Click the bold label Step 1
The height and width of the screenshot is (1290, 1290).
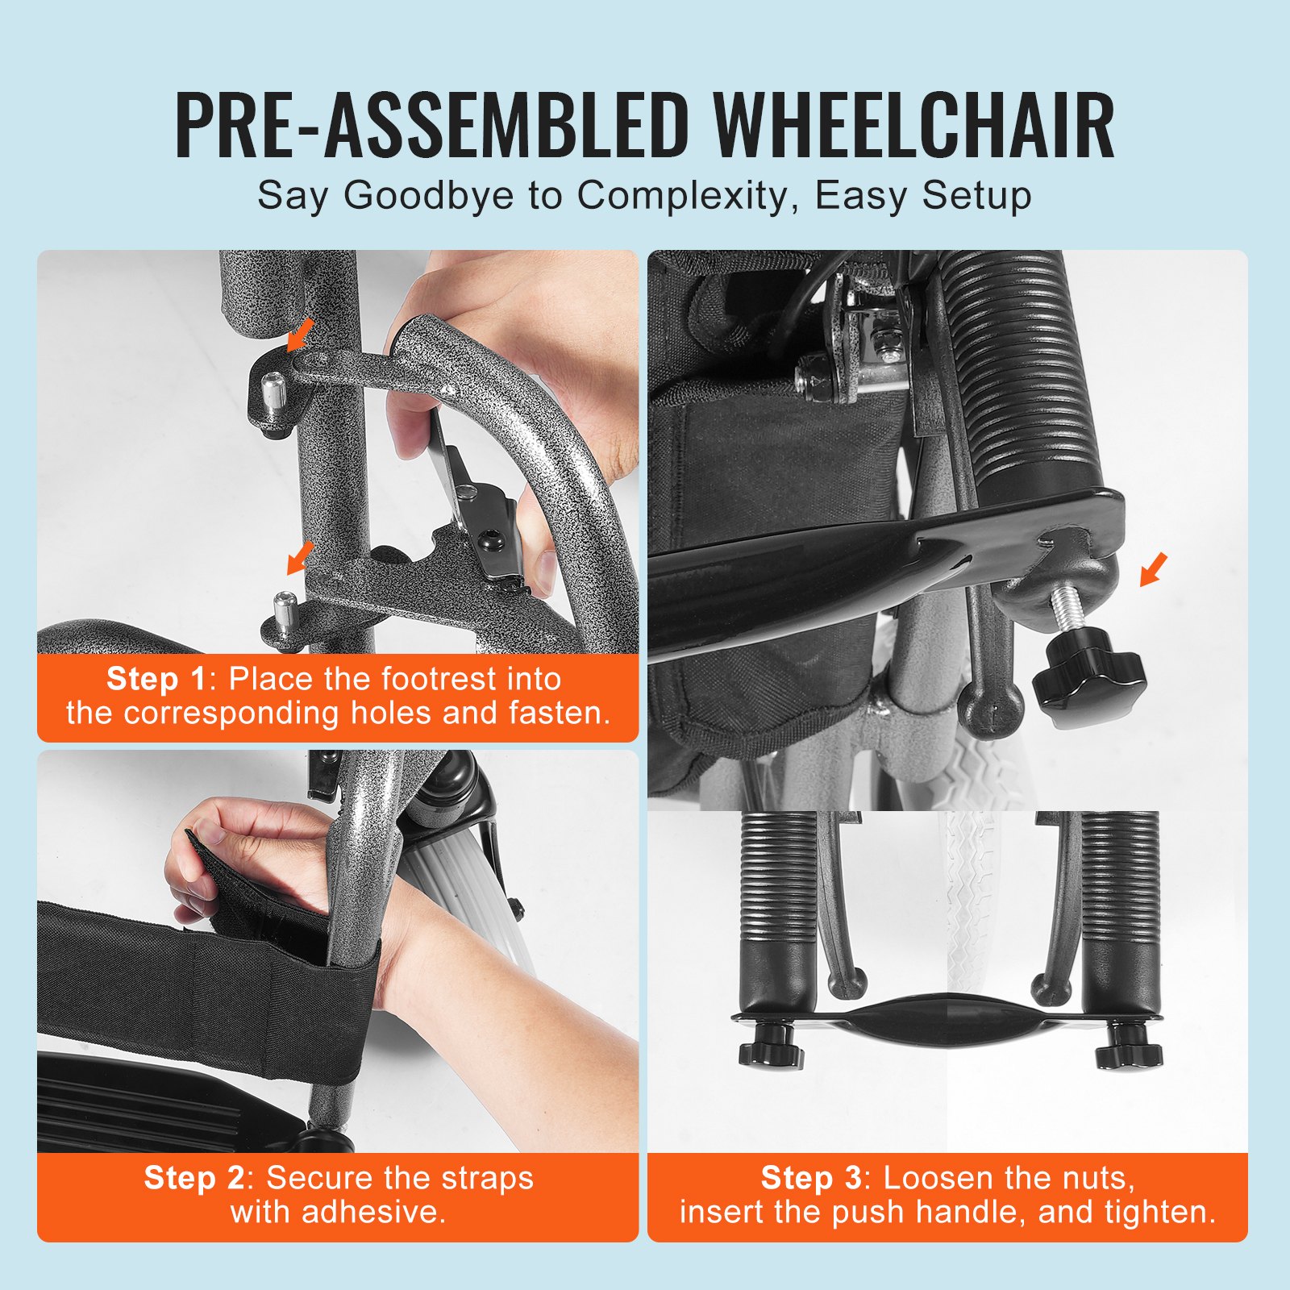(x=156, y=679)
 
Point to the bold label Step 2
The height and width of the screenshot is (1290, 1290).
(x=194, y=1178)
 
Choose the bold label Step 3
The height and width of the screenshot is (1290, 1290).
(x=811, y=1178)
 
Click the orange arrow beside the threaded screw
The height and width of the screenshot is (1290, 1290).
(x=1153, y=569)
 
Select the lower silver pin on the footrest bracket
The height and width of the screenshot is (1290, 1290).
(x=283, y=610)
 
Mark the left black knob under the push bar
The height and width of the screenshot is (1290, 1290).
(x=770, y=1048)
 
